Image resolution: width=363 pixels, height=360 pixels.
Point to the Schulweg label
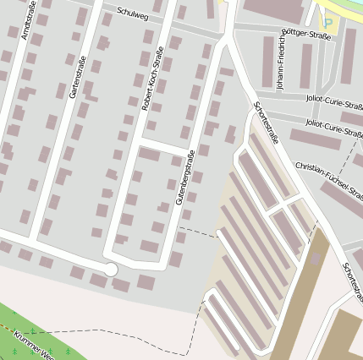pos(133,14)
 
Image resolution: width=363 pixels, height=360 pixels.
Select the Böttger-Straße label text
pos(305,35)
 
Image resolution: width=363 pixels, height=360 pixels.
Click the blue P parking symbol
pos(328,24)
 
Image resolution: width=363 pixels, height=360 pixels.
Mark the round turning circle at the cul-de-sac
pos(111,269)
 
